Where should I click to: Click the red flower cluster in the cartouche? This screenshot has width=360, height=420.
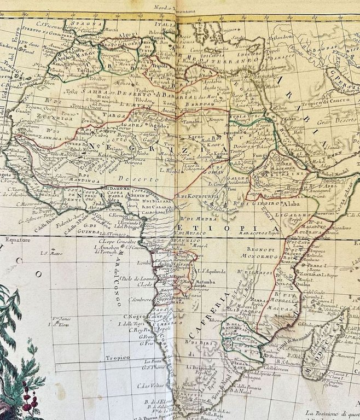27,394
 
